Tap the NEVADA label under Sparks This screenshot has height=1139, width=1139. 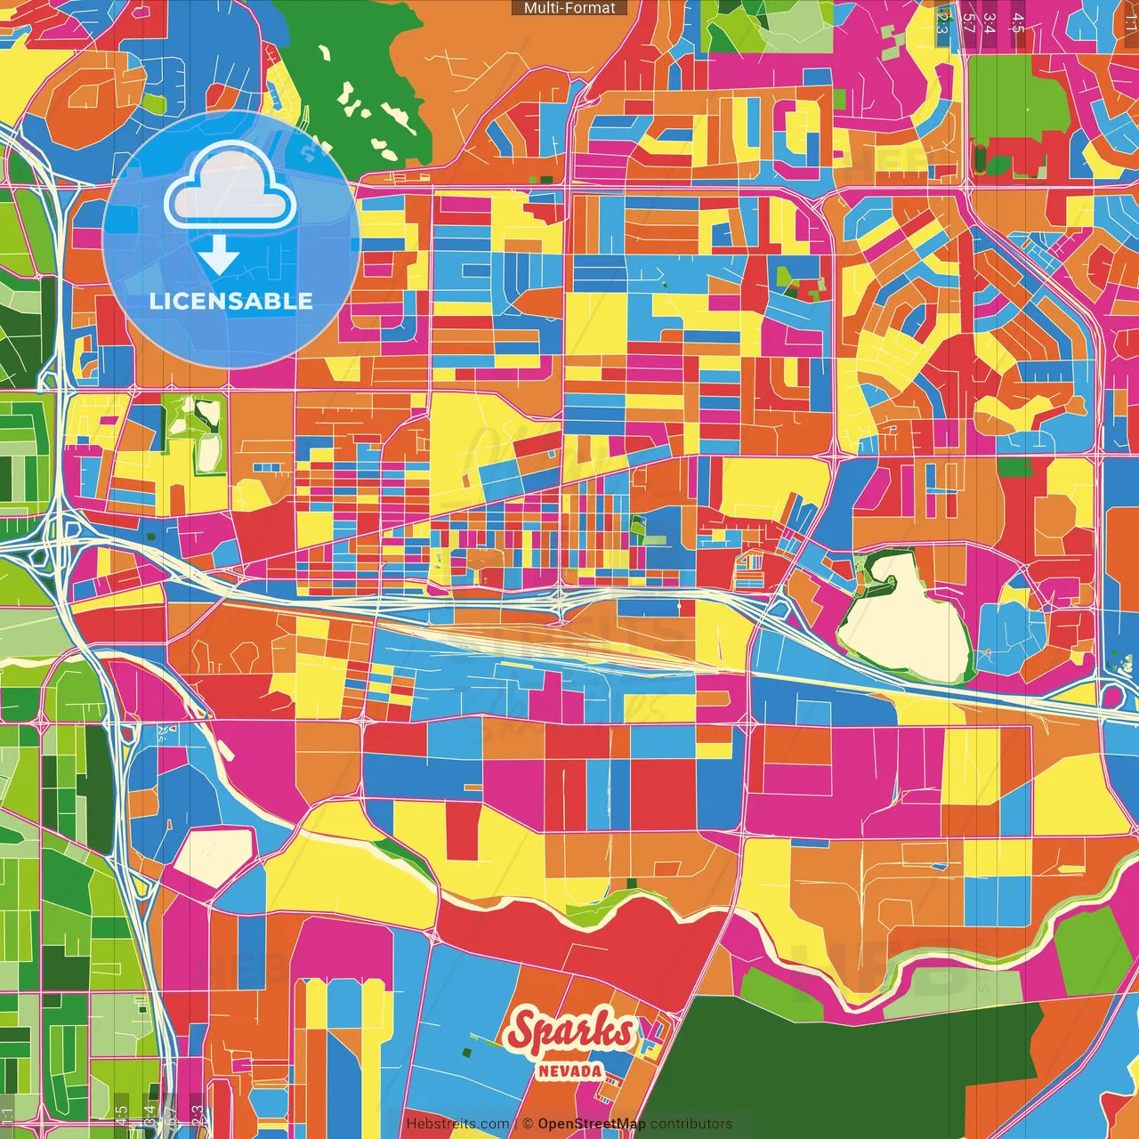point(569,1071)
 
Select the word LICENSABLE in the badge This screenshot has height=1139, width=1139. point(231,301)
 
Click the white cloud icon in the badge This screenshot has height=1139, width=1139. point(229,189)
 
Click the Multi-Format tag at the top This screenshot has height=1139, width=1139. point(569,8)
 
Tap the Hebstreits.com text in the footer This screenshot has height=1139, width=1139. point(457,1124)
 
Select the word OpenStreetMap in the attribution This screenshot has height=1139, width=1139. point(592,1124)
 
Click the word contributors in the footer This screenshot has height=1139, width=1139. point(691,1124)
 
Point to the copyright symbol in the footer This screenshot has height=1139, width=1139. point(527,1124)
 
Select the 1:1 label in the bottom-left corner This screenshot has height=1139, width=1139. point(7,1117)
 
